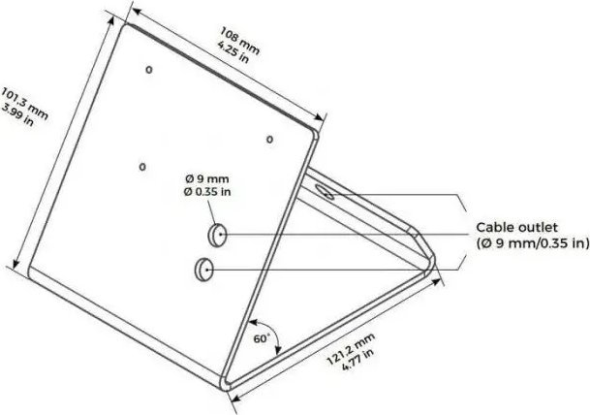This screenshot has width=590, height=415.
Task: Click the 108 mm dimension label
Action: click(239, 41)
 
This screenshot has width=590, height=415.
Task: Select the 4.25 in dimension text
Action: click(233, 52)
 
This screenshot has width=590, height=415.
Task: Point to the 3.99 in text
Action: click(17, 114)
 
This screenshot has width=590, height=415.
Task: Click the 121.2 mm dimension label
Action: click(351, 349)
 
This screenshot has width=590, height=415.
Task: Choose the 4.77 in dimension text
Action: click(358, 359)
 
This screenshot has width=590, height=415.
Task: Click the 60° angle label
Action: click(262, 338)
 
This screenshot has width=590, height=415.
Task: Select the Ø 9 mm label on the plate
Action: click(207, 178)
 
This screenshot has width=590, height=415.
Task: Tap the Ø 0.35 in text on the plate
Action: click(207, 192)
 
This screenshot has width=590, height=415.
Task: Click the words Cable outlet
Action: click(516, 228)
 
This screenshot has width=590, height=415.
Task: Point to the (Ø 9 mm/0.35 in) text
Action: click(533, 243)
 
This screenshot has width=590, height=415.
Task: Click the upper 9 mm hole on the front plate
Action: click(217, 235)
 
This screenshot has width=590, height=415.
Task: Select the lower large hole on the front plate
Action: click(204, 270)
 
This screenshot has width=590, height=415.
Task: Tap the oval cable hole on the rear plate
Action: click(325, 191)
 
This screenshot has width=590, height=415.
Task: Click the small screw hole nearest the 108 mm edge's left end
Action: click(149, 70)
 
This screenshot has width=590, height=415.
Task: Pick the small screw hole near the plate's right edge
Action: click(269, 140)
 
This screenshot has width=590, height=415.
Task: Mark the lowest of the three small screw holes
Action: click(142, 167)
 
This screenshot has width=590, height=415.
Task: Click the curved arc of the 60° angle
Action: click(273, 331)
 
